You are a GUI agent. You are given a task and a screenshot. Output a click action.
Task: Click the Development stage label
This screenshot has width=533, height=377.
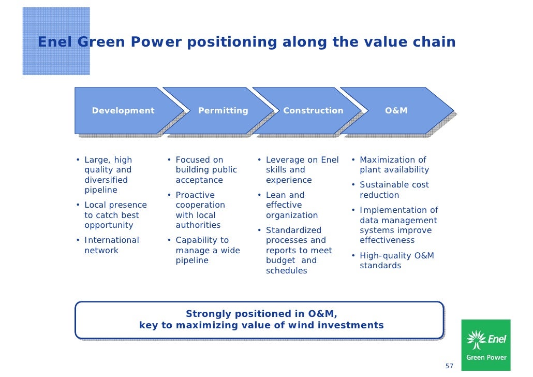[123, 110]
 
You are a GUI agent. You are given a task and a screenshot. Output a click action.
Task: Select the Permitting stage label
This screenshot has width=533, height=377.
[223, 110]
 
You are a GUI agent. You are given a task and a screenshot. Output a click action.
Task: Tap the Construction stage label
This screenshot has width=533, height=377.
[313, 110]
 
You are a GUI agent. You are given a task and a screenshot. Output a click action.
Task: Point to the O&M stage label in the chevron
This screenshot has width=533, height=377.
[396, 110]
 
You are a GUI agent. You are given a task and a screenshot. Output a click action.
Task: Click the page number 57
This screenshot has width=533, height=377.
[449, 366]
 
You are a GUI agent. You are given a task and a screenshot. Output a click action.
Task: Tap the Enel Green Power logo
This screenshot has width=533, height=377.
[486, 345]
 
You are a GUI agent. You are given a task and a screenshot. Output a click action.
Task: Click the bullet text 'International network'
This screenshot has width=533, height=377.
[111, 245]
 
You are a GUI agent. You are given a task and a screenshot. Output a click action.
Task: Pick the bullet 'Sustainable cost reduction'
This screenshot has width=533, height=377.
[394, 190]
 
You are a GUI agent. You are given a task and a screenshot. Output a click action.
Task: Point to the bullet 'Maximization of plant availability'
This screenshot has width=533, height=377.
[394, 165]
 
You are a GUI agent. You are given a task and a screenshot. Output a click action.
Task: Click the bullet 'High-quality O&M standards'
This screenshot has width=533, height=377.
[396, 260]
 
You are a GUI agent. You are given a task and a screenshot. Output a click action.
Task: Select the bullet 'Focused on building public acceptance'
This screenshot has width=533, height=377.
[205, 170]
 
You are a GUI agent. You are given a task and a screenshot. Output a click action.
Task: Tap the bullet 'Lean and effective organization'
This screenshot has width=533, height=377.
[291, 205]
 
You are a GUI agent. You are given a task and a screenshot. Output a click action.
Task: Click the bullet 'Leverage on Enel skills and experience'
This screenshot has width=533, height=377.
[301, 170]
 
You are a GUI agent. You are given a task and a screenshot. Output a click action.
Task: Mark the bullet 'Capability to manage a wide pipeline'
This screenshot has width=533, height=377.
[206, 250]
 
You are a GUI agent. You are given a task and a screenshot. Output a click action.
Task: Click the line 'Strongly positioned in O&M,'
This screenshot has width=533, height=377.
[261, 313]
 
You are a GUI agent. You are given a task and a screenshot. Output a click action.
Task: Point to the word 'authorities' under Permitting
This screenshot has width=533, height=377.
[198, 225]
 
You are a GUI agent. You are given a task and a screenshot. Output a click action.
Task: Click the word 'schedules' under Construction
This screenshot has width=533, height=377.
[286, 271]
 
